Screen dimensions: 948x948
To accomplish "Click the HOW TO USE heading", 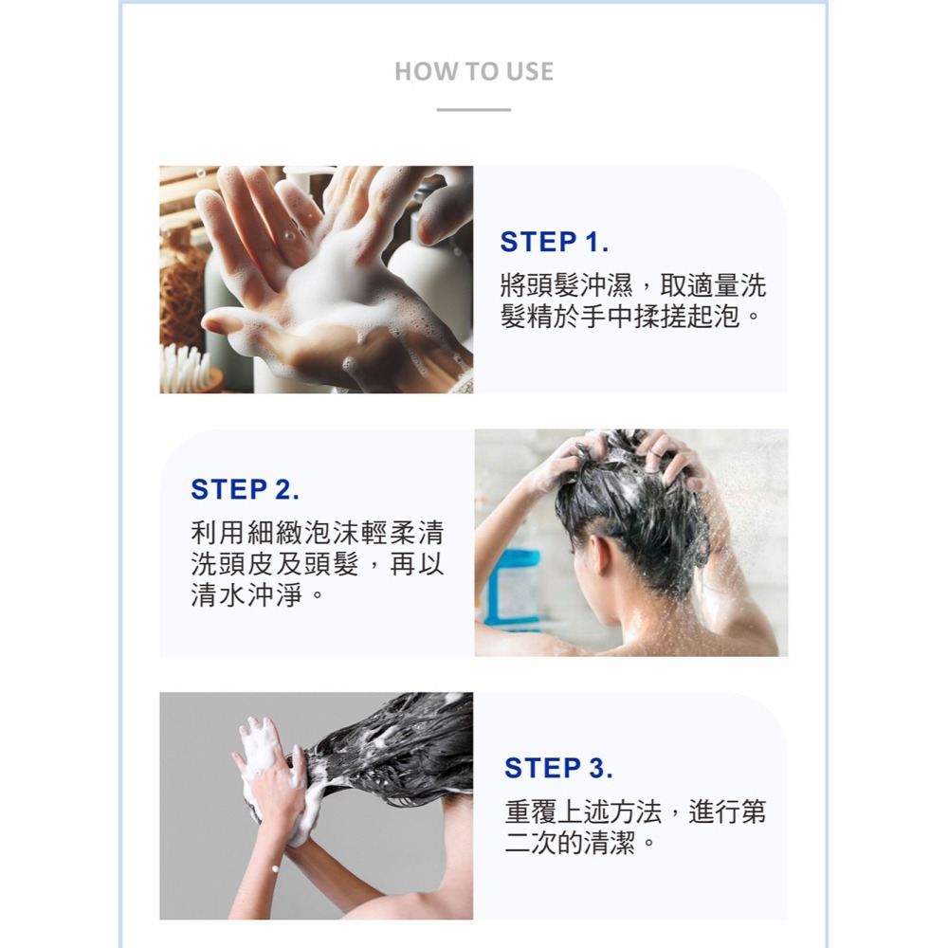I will coord(473,72).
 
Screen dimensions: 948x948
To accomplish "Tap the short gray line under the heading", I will coord(473,110).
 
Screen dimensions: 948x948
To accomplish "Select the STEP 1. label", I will coord(554,243).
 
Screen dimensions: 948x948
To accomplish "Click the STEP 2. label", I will coord(245,490).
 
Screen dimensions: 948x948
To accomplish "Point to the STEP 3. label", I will coord(558,768).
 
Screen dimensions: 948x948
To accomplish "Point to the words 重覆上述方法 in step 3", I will coord(589,811).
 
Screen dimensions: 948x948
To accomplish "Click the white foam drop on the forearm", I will coord(275,869).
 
